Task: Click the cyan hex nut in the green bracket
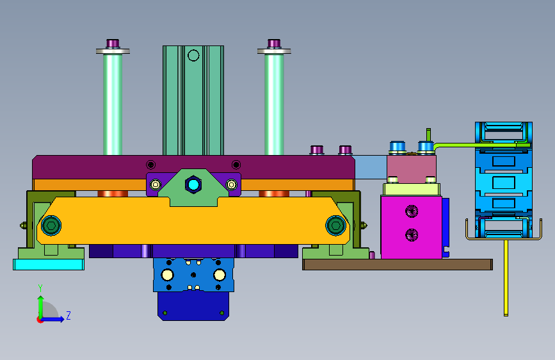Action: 193,184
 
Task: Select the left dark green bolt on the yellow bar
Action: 51,225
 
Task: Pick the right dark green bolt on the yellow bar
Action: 335,225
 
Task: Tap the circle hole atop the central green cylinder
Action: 193,56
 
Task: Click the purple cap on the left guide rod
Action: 113,43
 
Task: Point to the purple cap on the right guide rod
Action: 274,43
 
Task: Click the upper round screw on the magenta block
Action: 412,211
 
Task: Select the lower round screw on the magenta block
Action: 412,235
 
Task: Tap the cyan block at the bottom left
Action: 49,265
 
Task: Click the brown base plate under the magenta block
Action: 398,265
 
